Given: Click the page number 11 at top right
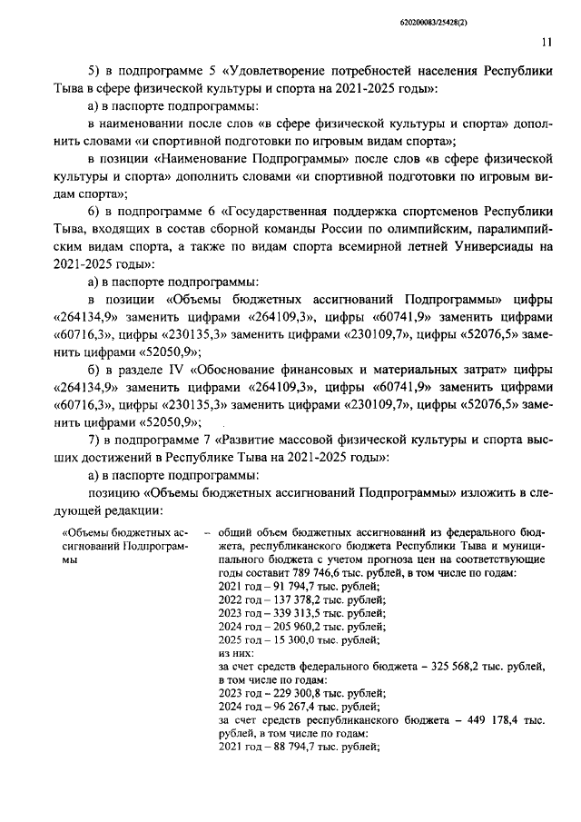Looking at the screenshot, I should (x=546, y=41).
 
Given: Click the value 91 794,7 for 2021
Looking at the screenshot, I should (x=282, y=588).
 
